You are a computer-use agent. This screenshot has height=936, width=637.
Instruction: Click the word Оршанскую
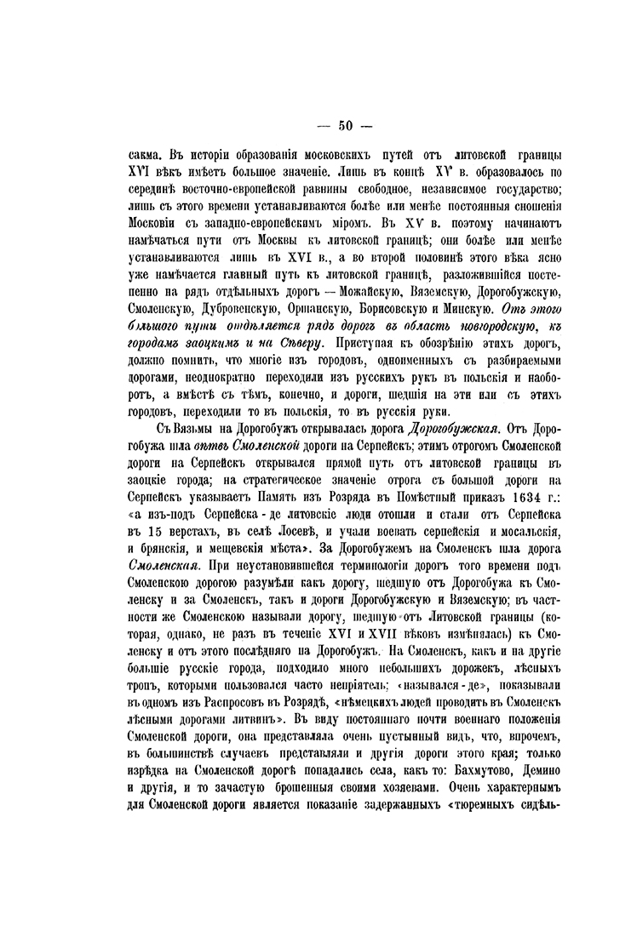click(x=324, y=308)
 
